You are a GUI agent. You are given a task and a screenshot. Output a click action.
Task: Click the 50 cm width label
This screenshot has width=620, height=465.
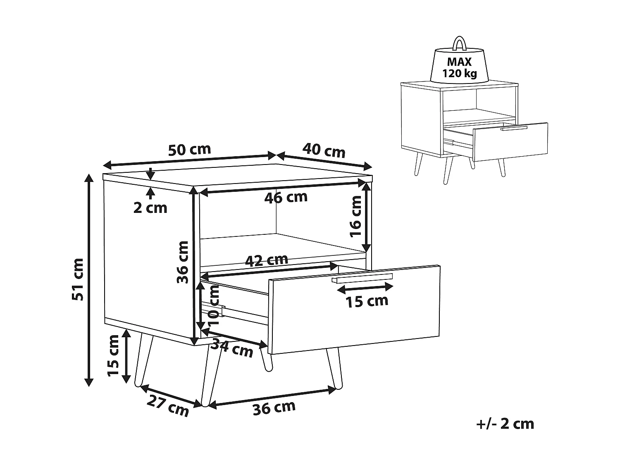coord(190,149)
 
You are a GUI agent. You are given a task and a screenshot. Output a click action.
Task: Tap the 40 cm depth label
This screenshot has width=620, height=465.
coord(324,150)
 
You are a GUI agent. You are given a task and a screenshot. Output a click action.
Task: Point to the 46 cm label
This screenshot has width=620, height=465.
coord(286,197)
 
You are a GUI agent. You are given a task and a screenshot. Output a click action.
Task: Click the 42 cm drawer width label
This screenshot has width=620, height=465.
coord(267,260)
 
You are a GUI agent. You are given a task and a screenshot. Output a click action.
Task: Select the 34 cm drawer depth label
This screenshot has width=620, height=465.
coord(231,348)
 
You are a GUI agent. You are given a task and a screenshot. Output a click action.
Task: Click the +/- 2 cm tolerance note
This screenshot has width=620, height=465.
coord(505,424)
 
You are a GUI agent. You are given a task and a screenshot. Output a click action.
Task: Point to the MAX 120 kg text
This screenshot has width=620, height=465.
coord(459,68)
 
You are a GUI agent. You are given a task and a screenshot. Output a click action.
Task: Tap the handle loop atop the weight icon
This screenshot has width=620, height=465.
coord(459,43)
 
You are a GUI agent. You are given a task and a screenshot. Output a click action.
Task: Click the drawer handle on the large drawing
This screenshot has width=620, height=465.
coord(362,278)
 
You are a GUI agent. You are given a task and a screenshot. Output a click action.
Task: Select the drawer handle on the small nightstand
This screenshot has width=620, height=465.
coord(514,129)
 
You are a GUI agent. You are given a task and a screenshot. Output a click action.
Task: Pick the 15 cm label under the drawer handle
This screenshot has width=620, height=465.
coord(367,301)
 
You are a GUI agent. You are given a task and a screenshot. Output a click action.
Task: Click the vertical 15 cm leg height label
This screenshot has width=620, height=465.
coord(113,355)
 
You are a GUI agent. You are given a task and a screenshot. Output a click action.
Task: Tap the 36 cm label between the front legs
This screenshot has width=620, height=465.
coord(274,408)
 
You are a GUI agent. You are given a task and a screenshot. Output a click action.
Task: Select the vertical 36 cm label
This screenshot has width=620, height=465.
coord(182,262)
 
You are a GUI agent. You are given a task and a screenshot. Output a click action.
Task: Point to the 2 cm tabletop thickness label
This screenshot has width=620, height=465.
coord(150,207)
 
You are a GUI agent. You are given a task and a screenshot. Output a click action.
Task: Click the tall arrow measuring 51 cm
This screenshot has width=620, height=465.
coord(88,280)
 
